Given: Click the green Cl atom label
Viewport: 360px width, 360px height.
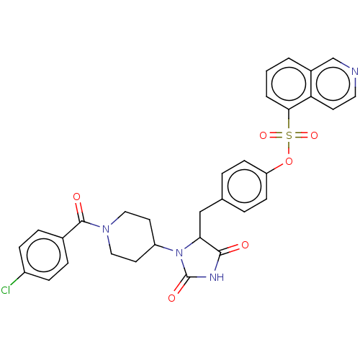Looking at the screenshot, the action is click(6, 290).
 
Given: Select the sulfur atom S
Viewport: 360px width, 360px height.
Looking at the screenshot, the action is click(289, 135).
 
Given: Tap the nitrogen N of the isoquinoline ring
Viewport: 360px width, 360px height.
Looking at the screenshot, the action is click(354, 71).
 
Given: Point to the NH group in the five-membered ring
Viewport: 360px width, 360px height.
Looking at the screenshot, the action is click(217, 277).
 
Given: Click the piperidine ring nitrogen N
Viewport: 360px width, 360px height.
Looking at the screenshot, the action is click(106, 229).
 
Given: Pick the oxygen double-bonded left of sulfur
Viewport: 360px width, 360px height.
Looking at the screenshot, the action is click(263, 135).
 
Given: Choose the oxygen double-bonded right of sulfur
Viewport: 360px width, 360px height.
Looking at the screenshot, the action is click(314, 135).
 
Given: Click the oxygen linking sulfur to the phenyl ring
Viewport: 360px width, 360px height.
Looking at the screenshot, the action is click(289, 161).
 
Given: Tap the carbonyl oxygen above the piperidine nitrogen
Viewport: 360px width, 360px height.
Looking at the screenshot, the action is click(76, 197).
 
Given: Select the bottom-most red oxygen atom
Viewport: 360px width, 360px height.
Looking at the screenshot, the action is click(171, 298).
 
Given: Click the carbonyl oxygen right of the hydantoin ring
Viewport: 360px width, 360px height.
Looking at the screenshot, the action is click(245, 245).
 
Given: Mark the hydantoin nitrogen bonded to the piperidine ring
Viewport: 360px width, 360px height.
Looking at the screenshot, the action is click(179, 253).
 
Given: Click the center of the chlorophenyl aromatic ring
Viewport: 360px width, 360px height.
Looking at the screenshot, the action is click(44, 255).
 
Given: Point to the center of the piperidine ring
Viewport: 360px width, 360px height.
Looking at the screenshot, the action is click(130, 237).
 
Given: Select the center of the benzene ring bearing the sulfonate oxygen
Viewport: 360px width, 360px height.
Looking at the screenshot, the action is click(244, 186).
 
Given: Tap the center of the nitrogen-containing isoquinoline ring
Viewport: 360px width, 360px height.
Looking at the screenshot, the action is click(333, 84).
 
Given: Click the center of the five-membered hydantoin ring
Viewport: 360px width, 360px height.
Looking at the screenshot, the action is click(199, 261).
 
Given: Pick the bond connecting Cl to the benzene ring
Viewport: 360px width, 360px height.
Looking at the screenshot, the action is click(17, 279).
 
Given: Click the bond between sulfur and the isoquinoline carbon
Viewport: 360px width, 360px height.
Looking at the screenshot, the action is click(289, 120).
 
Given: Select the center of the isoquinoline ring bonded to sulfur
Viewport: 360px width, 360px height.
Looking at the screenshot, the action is click(289, 84).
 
